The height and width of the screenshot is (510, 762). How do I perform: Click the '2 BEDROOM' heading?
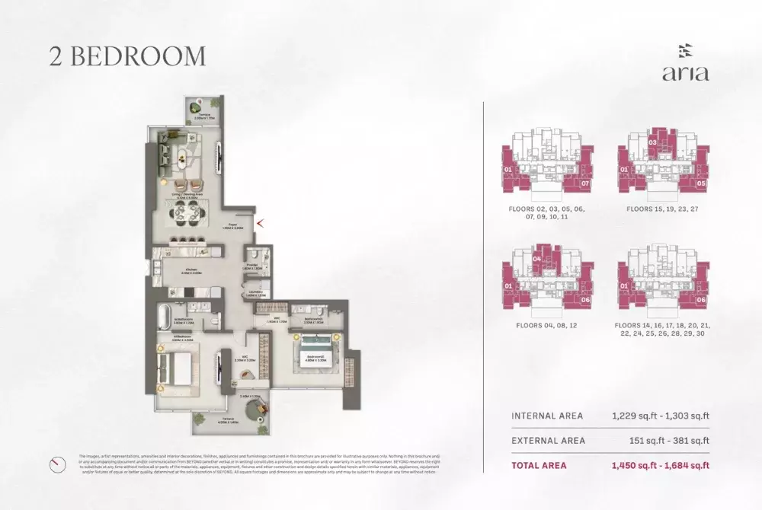[127, 56]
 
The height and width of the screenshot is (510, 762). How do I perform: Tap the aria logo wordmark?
[685, 73]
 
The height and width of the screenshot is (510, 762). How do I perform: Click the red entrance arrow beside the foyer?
[261, 223]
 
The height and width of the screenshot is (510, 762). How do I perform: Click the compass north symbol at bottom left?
[55, 464]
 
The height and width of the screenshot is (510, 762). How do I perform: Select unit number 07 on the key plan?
[585, 183]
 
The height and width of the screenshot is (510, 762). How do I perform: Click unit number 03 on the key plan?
[652, 142]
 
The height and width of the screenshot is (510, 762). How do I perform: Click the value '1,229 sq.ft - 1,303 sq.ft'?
[660, 416]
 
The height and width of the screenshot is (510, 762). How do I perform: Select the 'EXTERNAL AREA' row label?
[548, 440]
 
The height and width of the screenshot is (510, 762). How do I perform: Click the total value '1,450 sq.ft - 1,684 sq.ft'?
[660, 465]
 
